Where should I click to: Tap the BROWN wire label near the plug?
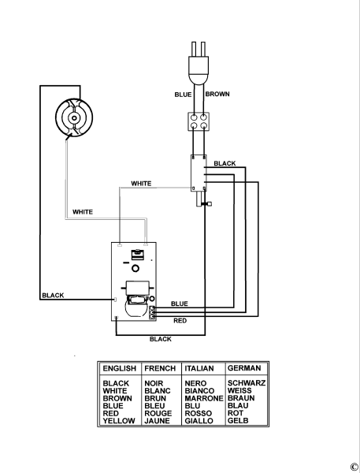[x=217, y=94]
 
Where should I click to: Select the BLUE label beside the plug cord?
[x=183, y=95]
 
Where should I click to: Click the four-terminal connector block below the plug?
[x=199, y=121]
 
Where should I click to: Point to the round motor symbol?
[x=74, y=117]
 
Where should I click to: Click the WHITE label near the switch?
[x=141, y=184]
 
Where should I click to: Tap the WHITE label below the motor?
[x=83, y=212]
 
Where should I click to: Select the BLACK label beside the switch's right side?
[x=225, y=163]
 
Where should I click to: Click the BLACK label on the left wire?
[x=53, y=296]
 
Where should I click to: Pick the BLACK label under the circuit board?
[x=161, y=339]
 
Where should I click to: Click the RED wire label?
[x=180, y=321]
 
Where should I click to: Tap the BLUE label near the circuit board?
[x=180, y=304]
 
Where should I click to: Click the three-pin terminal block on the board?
[x=153, y=312]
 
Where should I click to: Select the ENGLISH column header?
[x=120, y=368]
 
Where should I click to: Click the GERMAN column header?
[x=244, y=368]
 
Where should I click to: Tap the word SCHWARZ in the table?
[x=247, y=383]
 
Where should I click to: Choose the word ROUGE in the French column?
[x=158, y=413]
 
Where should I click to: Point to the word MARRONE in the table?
[x=204, y=398]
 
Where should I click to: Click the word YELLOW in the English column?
[x=119, y=421]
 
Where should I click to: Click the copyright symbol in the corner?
[x=354, y=467]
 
